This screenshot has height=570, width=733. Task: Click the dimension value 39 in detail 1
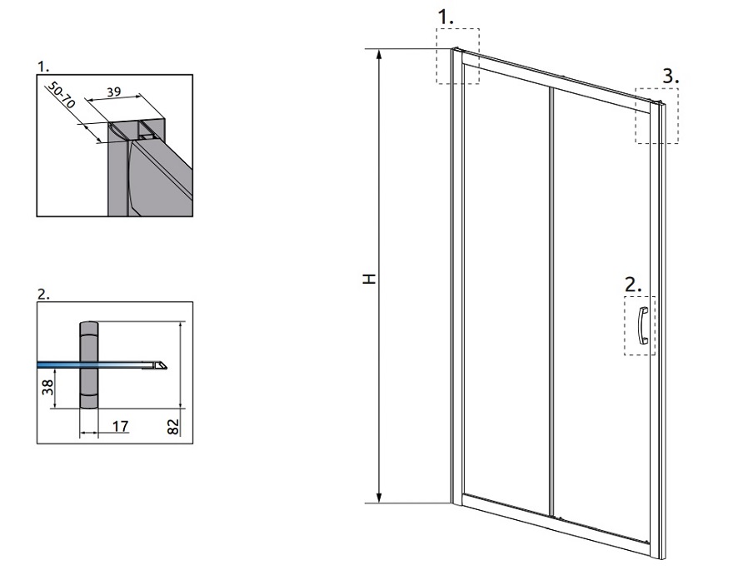click(114, 92)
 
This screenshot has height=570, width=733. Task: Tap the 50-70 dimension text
click(61, 94)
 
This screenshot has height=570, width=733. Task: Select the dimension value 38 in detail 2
click(48, 387)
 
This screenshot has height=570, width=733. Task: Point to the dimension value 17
click(120, 426)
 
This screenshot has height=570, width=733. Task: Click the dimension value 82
click(173, 427)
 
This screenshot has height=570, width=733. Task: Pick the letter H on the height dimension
click(369, 279)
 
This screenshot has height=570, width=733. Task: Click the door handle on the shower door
click(643, 326)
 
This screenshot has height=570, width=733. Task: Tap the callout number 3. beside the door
click(671, 76)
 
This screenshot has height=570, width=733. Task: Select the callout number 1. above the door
click(445, 17)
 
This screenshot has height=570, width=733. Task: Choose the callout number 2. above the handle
click(633, 285)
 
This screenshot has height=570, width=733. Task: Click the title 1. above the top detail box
click(43, 67)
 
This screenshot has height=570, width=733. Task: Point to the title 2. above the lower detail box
click(43, 295)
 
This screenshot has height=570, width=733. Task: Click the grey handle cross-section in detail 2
click(89, 365)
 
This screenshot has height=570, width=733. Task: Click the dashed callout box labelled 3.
click(657, 116)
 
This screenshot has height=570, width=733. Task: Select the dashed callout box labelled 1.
click(457, 56)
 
